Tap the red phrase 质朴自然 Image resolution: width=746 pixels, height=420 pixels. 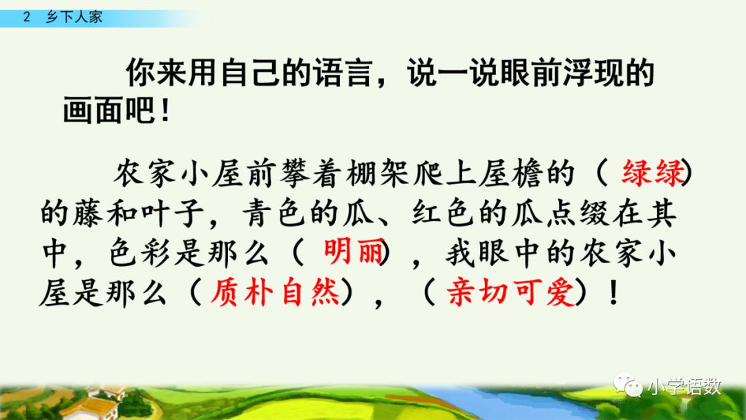tap(266, 294)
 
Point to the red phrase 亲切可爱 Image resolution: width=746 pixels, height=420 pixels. tap(512, 294)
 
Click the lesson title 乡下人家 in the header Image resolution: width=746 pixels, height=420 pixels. tap(74, 17)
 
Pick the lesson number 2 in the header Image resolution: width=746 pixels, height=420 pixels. tap(27, 17)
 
